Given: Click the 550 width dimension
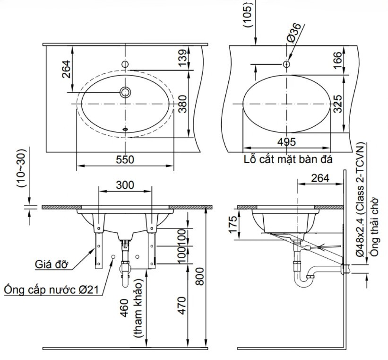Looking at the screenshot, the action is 125,159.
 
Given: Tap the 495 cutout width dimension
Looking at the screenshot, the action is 286,142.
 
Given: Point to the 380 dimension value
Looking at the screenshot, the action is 183,104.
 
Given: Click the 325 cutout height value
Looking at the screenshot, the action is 337,104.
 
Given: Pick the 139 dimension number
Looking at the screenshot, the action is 183,58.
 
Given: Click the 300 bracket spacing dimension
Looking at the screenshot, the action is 125,185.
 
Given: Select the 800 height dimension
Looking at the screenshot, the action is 200,276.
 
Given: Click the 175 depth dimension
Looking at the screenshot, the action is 233,225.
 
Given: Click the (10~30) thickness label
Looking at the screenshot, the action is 21,168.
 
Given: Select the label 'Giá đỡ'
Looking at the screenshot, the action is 51,264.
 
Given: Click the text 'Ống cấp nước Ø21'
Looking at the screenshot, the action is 52,290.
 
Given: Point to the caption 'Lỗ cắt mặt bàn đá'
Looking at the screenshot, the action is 288,159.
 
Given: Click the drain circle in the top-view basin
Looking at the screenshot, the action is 125,92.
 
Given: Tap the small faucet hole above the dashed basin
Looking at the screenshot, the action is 125,64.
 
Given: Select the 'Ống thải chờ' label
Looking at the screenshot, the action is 374,226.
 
